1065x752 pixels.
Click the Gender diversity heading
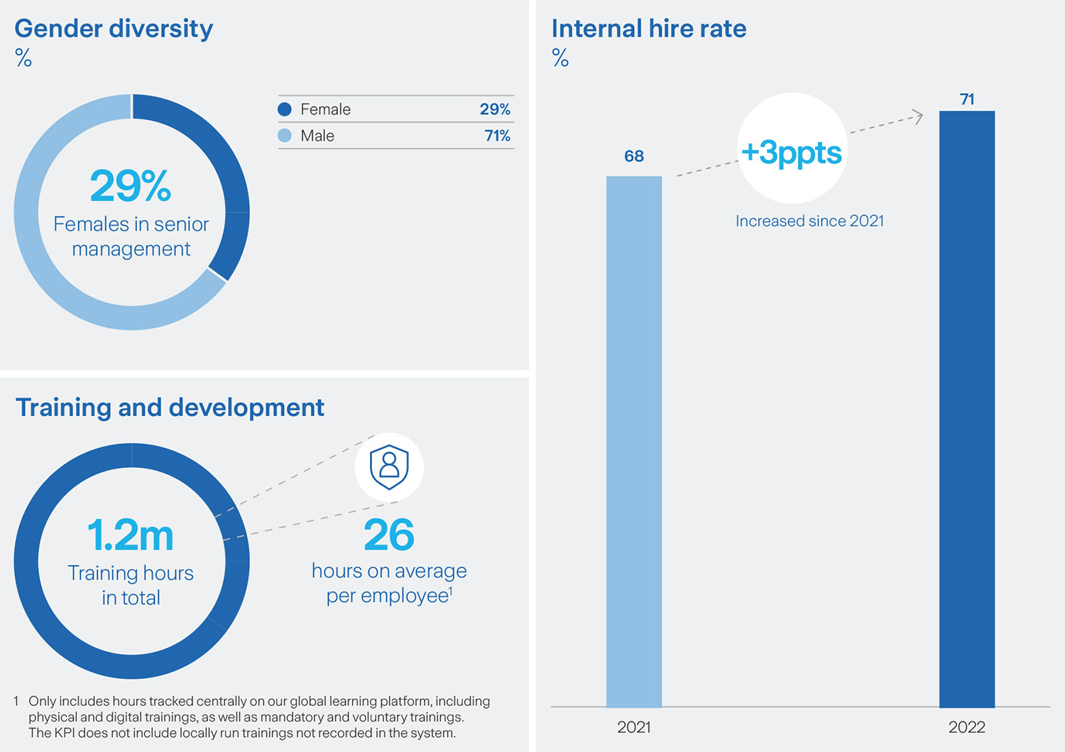[x=114, y=29]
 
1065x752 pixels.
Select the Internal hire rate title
[x=648, y=29]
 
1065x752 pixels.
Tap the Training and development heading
[x=170, y=408]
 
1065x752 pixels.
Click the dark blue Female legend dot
[x=285, y=109]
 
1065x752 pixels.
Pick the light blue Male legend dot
[x=285, y=136]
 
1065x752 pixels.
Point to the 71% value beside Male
[x=497, y=136]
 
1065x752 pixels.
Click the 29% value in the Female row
[x=495, y=109]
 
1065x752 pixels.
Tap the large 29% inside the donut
[x=131, y=186]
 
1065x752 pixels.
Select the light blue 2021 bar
[x=634, y=440]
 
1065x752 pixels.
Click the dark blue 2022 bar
[x=966, y=408]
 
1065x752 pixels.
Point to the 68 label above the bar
[x=634, y=156]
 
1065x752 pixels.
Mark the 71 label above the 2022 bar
[x=967, y=99]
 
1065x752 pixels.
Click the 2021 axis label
[x=634, y=727]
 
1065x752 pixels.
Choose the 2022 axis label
[x=966, y=727]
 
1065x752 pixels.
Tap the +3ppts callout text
[x=792, y=153]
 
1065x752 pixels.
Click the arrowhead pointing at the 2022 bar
[x=918, y=116]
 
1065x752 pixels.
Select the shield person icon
[x=389, y=467]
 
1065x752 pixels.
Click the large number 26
[x=389, y=535]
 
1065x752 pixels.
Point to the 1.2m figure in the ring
[x=131, y=535]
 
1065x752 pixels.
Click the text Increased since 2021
[x=809, y=221]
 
